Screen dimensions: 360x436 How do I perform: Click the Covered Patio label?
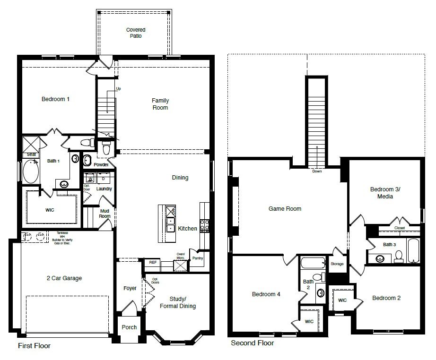[135, 33]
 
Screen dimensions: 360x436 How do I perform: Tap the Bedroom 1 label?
[55, 99]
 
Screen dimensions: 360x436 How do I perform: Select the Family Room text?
[160, 104]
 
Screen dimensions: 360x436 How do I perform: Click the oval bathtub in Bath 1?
[31, 172]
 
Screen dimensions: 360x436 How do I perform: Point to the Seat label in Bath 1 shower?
[32, 154]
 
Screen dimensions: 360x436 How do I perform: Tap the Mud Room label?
[105, 213]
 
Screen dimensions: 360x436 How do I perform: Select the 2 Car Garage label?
[64, 278]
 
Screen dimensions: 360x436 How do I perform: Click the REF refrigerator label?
[153, 262]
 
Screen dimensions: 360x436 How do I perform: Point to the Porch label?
[129, 327]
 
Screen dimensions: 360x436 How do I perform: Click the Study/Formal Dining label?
[183, 302]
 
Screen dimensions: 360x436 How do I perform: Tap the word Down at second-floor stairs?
[317, 171]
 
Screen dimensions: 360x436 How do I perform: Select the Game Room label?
[285, 208]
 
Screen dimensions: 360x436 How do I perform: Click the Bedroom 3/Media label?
[385, 193]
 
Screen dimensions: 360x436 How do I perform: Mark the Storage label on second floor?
[337, 264]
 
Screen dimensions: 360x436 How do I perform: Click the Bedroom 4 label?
[266, 294]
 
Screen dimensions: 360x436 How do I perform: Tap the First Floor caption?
[34, 346]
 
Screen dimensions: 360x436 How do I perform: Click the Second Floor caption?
[252, 343]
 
